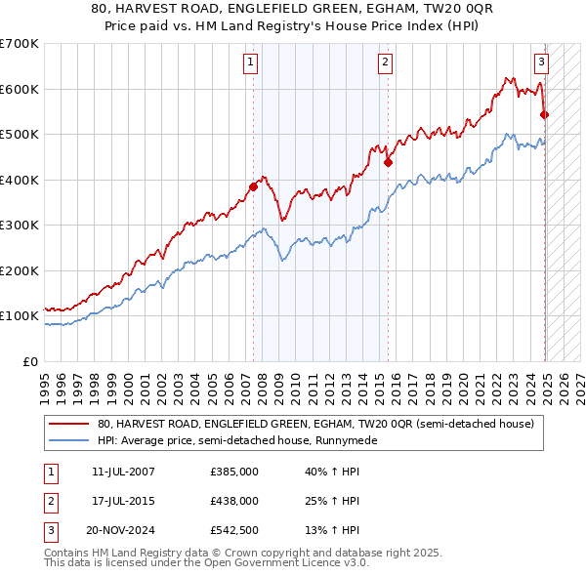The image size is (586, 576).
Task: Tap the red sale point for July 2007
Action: coord(254,185)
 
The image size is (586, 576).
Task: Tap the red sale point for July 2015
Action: coord(388,162)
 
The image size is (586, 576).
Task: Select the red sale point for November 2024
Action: coord(545,114)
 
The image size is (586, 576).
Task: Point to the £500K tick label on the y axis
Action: coord(19,134)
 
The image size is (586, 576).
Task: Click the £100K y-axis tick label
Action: coord(19,315)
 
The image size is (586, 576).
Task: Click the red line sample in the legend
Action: coord(69,425)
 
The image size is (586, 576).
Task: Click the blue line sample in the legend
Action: coord(69,440)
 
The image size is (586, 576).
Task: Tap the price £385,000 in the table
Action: coord(234,471)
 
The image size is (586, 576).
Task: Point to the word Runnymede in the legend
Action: coord(347,440)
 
